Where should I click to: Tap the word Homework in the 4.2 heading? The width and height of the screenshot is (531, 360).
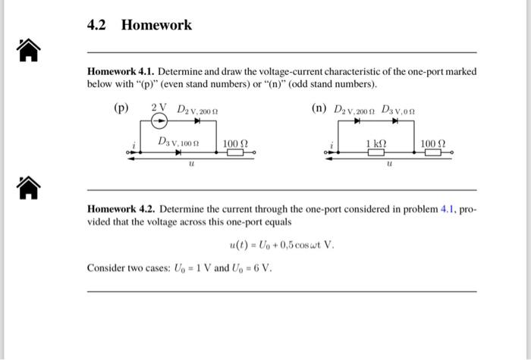[x=156, y=25]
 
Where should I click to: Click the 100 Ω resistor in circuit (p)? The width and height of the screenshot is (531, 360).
[x=234, y=152]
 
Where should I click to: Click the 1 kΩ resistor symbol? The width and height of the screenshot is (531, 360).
[x=375, y=152]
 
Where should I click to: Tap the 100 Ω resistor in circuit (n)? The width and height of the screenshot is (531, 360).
[x=433, y=152]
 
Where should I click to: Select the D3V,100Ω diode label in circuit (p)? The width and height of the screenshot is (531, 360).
[x=178, y=141]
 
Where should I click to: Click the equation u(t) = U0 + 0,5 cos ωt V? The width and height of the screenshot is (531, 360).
[x=281, y=245]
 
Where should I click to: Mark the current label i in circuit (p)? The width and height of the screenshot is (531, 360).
[x=134, y=144]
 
